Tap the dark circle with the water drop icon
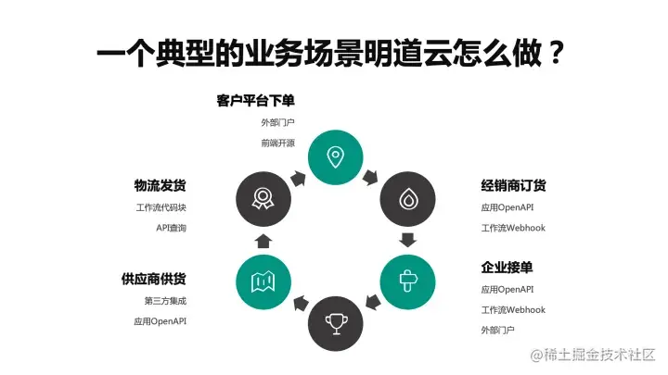pos(407,197)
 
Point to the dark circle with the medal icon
pos(263,197)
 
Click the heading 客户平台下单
pos(255,101)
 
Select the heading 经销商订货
pos(507,186)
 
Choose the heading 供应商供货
pos(160,279)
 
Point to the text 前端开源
pos(277,144)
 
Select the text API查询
pos(171,228)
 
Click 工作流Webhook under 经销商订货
pos(513,228)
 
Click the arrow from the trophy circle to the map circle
pos(299,303)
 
